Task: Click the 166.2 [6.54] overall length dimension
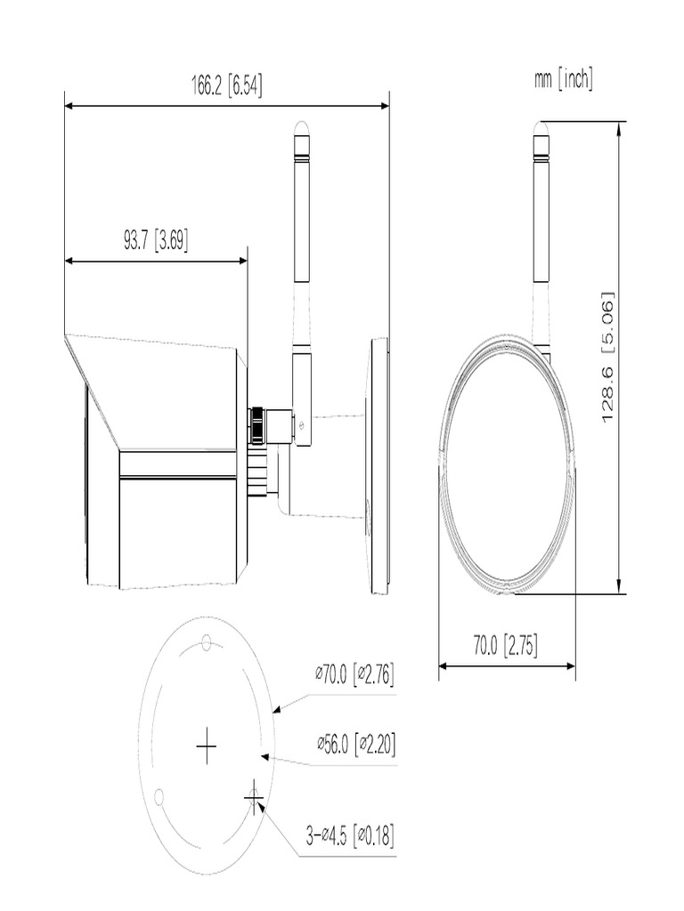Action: coord(226,85)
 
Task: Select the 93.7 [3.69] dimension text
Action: coord(155,240)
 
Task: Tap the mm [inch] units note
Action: coord(563,80)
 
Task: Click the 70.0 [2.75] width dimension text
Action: coord(505,645)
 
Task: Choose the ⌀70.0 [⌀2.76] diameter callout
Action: coord(354,674)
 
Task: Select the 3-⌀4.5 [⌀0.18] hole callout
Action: coord(350,835)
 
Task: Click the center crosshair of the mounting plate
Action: coord(206,746)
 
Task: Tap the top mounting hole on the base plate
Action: coord(206,641)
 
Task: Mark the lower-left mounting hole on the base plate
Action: coord(159,794)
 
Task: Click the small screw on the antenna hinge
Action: coord(303,424)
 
